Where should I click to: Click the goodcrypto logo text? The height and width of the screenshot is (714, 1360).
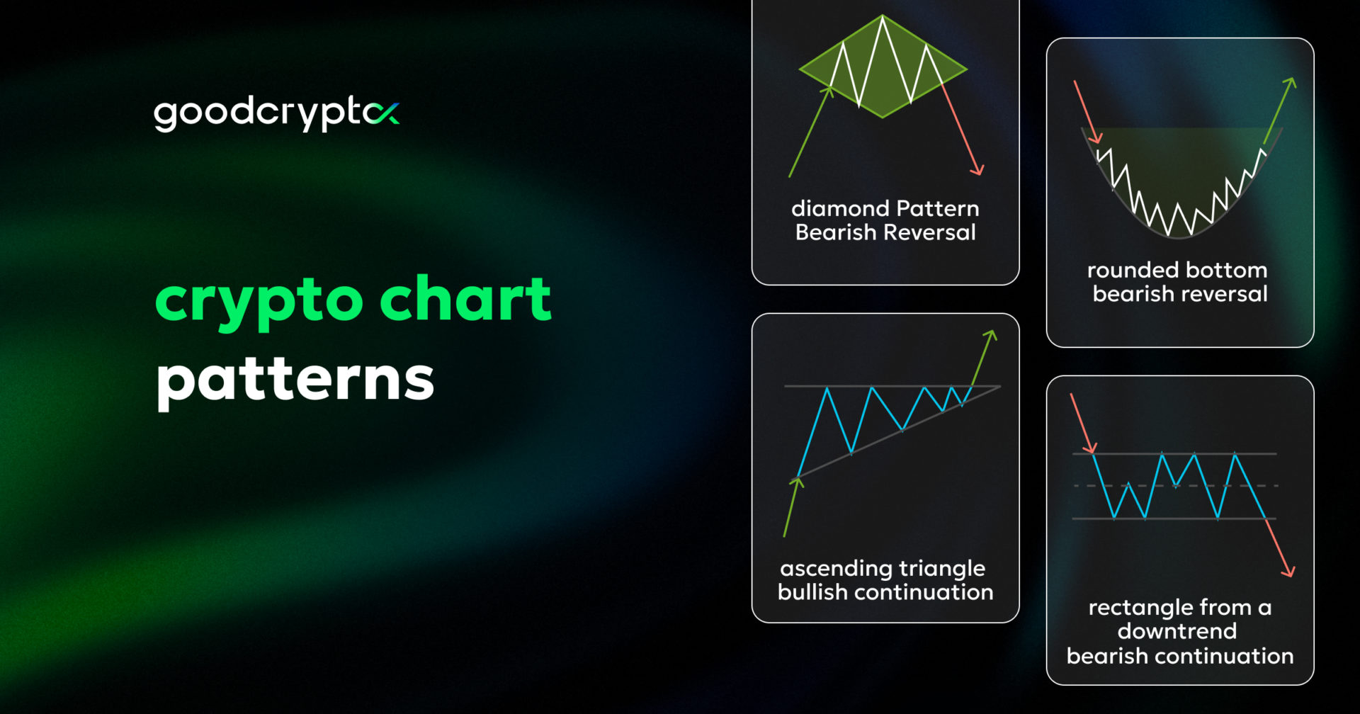coord(276,113)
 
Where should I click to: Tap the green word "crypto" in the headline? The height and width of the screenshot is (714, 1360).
coord(259,301)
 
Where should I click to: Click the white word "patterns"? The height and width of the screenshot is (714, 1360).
coord(295,380)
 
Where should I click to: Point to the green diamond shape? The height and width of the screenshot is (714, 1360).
coord(883,67)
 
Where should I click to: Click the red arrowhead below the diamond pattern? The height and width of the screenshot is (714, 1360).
coord(977,170)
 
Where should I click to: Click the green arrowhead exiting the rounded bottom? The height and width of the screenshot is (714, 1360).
coord(1291,83)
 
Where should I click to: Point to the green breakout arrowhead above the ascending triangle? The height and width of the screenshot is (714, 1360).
coord(992,335)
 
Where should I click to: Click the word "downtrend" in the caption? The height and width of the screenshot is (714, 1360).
coord(1177,631)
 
